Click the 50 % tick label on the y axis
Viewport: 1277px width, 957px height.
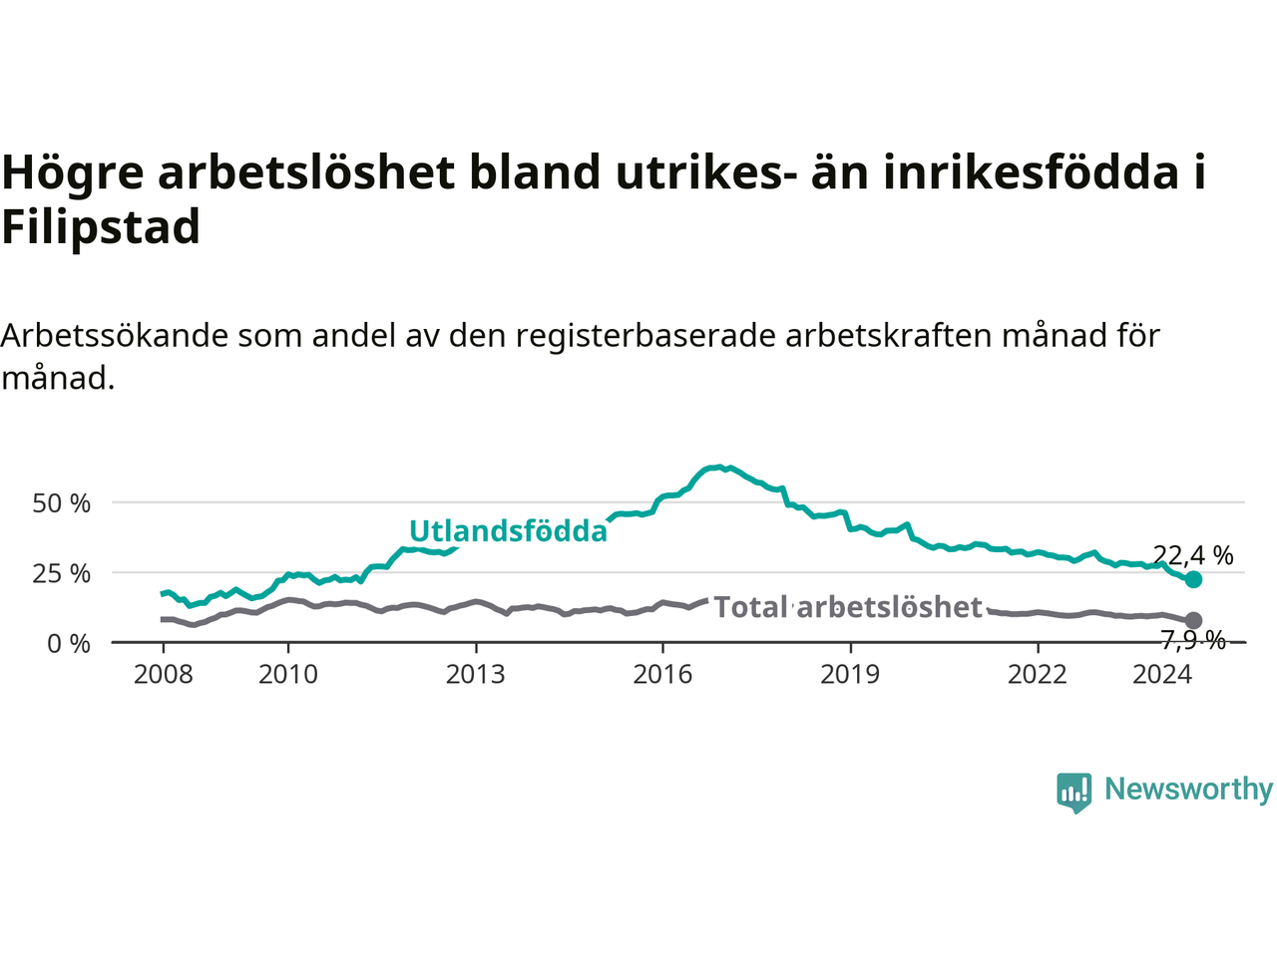(61, 503)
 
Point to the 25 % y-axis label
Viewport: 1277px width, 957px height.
(61, 574)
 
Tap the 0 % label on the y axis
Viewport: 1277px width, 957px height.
(69, 644)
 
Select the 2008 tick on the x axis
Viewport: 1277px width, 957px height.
(163, 675)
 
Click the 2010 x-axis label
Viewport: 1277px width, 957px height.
(288, 675)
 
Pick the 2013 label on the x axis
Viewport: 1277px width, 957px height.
(475, 675)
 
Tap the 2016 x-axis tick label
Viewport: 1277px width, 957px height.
(662, 675)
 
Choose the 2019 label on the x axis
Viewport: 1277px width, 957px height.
(850, 675)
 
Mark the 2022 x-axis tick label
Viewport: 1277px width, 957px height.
(1038, 675)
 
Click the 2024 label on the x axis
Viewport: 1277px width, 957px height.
(1162, 675)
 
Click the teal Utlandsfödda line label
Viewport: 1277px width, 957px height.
(509, 530)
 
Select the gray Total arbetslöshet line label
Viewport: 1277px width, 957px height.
(848, 607)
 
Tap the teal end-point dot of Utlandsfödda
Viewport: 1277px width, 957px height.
(1193, 579)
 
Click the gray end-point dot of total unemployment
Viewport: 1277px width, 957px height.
(1193, 620)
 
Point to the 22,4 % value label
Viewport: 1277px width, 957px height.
(1193, 556)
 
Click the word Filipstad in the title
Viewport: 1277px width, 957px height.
(101, 227)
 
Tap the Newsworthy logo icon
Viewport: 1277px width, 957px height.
(1073, 793)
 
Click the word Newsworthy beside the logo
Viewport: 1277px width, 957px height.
(1189, 790)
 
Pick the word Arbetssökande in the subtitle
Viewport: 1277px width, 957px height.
(114, 336)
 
